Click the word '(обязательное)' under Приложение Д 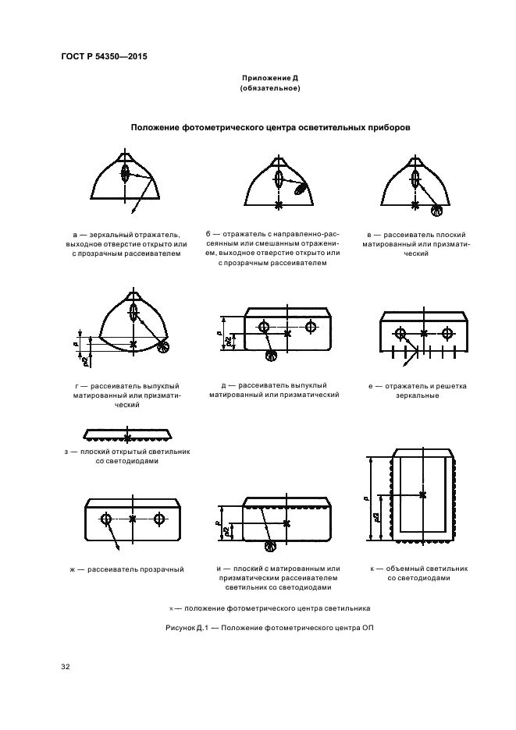(x=269, y=89)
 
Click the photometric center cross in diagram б (x=279, y=205)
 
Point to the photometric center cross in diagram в (x=415, y=204)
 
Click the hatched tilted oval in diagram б (x=301, y=188)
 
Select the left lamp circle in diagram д (x=265, y=325)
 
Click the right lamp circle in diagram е (x=447, y=334)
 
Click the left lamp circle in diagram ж (x=106, y=518)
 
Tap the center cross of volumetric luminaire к (x=422, y=494)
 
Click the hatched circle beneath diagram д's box (x=272, y=357)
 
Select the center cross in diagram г (x=133, y=343)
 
